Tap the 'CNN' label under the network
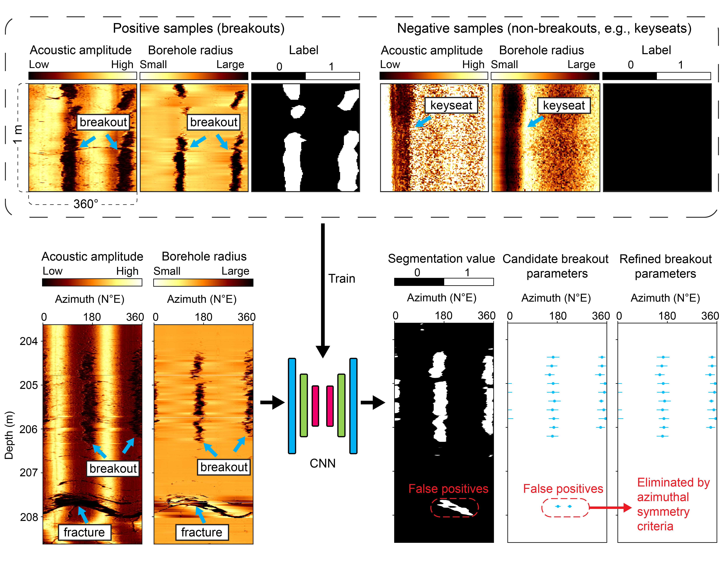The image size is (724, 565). coord(323,463)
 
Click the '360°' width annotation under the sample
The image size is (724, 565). coord(86,204)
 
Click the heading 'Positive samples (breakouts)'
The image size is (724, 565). coord(199,28)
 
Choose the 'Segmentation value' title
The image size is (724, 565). coord(441,258)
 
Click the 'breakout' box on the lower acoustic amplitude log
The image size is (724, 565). coord(113,468)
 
